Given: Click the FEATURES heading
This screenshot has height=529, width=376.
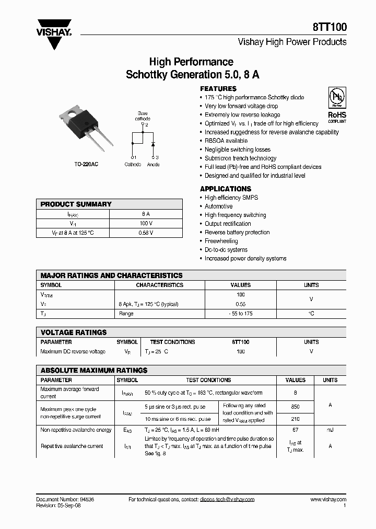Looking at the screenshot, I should [x=218, y=89].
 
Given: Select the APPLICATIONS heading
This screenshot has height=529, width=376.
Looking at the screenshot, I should [x=226, y=189].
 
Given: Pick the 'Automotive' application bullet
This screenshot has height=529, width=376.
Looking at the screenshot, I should [x=219, y=206].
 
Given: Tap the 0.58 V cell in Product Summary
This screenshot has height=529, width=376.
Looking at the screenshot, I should [x=146, y=233].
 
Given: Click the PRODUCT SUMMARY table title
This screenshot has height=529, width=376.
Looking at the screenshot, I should [x=76, y=204].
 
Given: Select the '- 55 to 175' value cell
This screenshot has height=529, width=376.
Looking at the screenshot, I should [x=240, y=314].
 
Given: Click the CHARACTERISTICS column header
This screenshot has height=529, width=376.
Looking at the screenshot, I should [x=160, y=285].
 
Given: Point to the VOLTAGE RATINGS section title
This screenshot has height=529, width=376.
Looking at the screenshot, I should [x=74, y=332].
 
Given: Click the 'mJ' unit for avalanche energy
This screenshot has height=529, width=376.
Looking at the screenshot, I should [x=330, y=430].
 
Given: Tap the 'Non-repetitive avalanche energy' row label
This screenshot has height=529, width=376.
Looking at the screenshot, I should [x=76, y=430].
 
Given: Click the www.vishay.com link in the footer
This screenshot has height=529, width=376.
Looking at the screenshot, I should [x=328, y=500].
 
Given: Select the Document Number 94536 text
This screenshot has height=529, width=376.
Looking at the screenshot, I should [x=65, y=500].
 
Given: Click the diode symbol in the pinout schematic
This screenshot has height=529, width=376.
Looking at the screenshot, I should [x=153, y=143].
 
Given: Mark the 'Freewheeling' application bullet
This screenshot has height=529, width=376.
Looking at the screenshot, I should [x=221, y=241].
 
